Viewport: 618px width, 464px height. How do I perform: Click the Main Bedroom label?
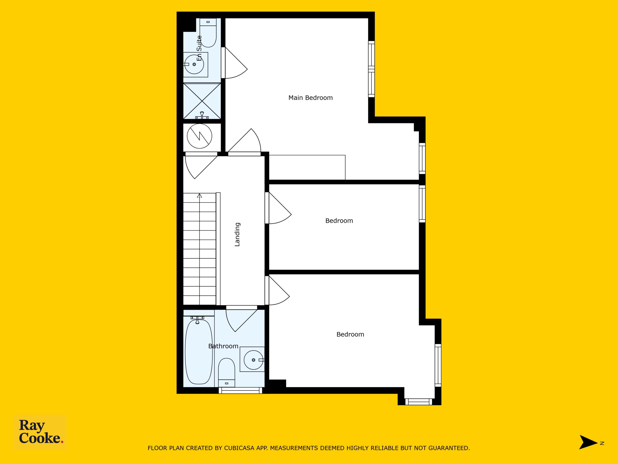pos(310,98)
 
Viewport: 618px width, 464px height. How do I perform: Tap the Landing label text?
pos(237,234)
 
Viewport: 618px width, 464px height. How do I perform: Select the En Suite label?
pos(199,48)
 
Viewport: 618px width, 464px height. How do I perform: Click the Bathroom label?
pos(223,346)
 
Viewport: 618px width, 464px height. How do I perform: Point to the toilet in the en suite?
pos(208,33)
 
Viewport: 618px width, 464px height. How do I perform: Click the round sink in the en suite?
pos(194,64)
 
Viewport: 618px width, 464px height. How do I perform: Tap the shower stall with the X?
pos(202,101)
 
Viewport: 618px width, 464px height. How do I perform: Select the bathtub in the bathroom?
pos(199,352)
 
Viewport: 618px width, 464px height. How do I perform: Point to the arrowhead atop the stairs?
pos(199,196)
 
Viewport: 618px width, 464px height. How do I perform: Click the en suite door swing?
pos(236,63)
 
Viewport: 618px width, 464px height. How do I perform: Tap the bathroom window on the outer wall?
pos(240,391)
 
